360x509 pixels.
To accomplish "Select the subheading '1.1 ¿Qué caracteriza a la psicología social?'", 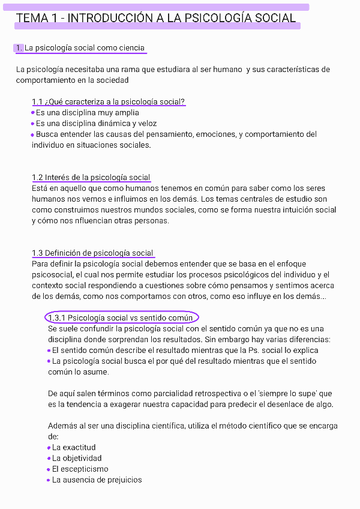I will pos(108,101).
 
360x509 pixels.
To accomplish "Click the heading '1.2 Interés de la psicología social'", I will pos(91,177).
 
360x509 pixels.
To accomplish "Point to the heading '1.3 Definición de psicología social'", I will pos(92,253).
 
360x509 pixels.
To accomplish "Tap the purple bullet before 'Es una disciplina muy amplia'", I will pos(33,112).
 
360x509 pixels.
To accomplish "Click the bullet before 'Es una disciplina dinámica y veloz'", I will pos(33,123).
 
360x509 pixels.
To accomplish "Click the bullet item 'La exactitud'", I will pos(74,447).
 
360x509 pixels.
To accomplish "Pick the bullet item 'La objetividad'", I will pos(77,458).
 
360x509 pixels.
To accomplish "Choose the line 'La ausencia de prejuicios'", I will pos(97,480).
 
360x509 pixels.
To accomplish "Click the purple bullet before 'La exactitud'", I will pos(49,447).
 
